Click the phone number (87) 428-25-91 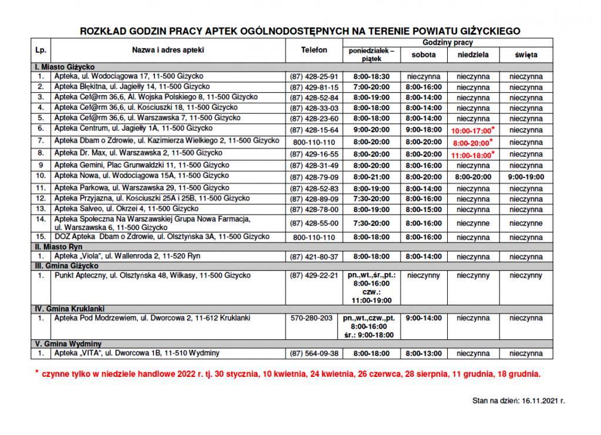click(x=314, y=76)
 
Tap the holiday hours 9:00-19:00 click(x=526, y=176)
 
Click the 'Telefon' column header click(x=314, y=50)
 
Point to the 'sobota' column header click(x=422, y=55)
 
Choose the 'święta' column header click(x=526, y=55)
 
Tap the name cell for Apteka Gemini click(x=141, y=165)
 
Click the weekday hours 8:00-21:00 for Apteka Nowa click(x=372, y=176)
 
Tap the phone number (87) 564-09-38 click(x=314, y=353)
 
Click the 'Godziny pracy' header click(x=447, y=43)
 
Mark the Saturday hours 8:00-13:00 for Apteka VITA click(x=422, y=353)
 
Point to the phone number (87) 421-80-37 click(x=314, y=257)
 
